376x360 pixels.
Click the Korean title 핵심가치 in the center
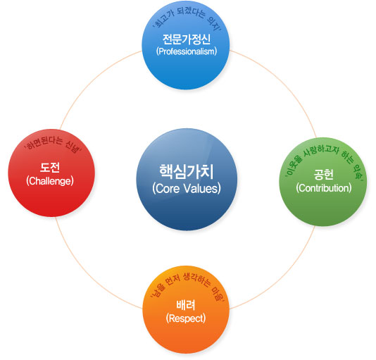(187, 172)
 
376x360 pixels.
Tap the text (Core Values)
(187, 188)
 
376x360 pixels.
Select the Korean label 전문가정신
(187, 39)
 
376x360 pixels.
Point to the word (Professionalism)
(187, 51)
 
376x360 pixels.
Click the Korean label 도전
(50, 167)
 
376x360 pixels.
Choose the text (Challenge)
(50, 181)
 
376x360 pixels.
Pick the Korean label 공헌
(323, 175)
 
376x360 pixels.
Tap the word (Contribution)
(324, 188)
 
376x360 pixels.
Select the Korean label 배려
(186, 305)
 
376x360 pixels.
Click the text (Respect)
(186, 318)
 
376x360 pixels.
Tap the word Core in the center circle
(168, 189)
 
